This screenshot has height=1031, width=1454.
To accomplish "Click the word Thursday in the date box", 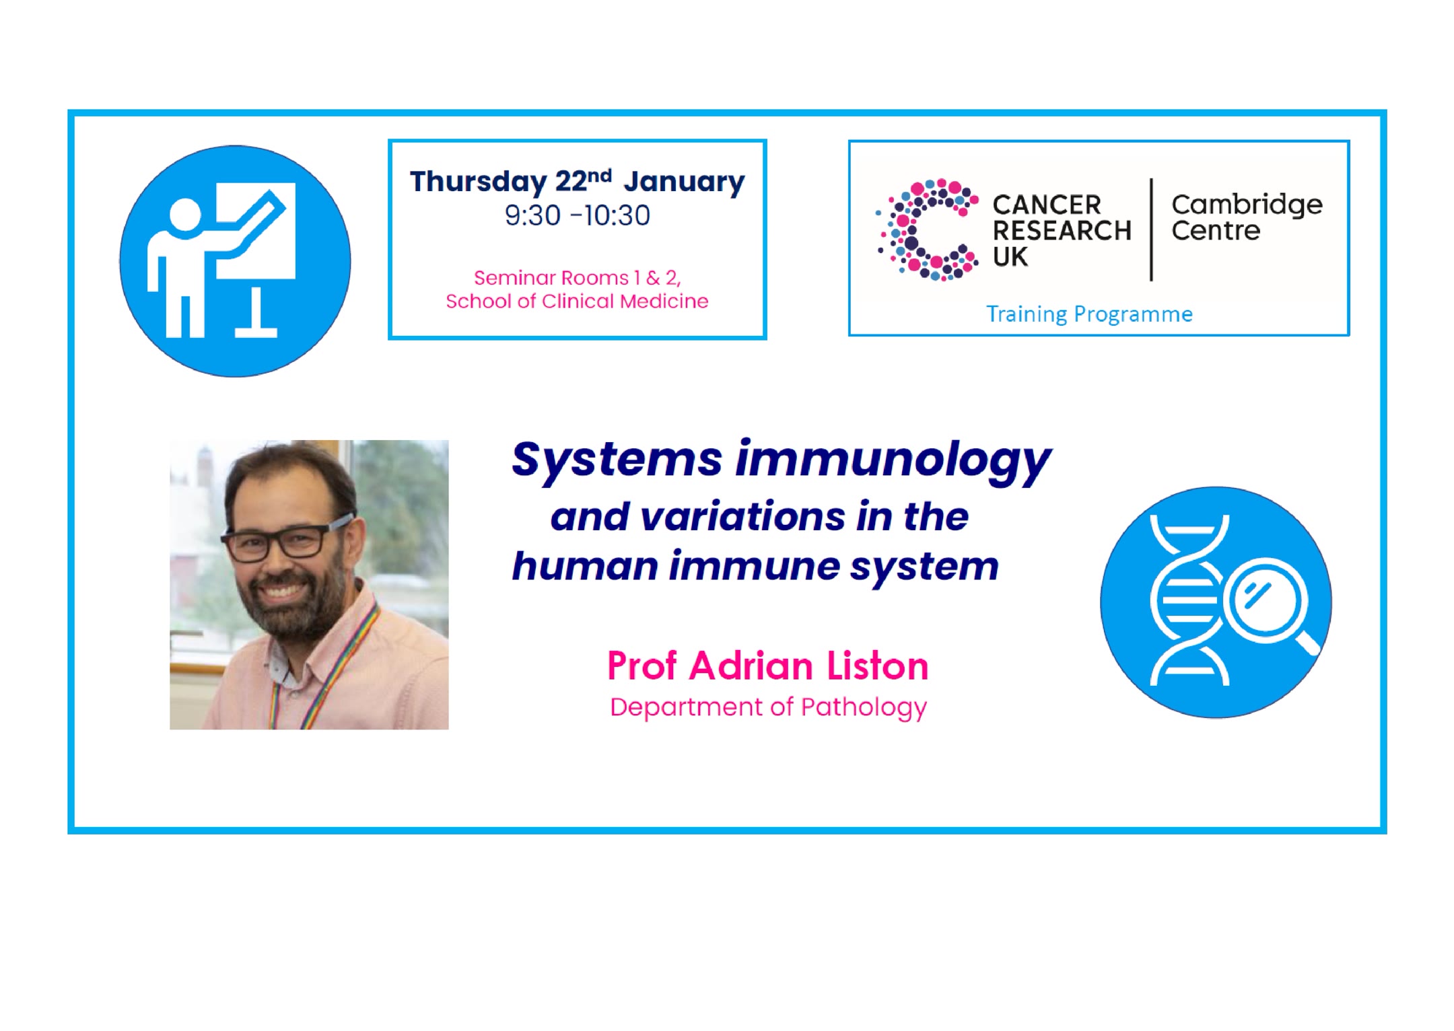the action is (479, 182).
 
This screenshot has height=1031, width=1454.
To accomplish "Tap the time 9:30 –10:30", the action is (578, 215).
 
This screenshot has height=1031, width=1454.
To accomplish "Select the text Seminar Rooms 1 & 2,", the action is (578, 277).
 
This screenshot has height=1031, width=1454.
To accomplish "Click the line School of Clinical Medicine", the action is (577, 301).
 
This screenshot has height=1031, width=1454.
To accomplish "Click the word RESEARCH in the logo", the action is (1062, 231).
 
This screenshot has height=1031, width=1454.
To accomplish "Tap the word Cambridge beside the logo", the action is (1247, 205).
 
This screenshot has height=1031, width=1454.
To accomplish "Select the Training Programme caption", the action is (1089, 314).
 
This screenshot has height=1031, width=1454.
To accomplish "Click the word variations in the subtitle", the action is (742, 517).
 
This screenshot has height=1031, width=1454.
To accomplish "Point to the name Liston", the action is (877, 666).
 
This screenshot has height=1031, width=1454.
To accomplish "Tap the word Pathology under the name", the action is (864, 708).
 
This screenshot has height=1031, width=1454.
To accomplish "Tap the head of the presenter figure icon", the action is (185, 215).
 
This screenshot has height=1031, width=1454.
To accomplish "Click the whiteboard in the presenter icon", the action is (256, 230).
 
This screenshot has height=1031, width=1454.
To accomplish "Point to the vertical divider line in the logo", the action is (1151, 229).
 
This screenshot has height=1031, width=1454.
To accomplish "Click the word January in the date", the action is (684, 182).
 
